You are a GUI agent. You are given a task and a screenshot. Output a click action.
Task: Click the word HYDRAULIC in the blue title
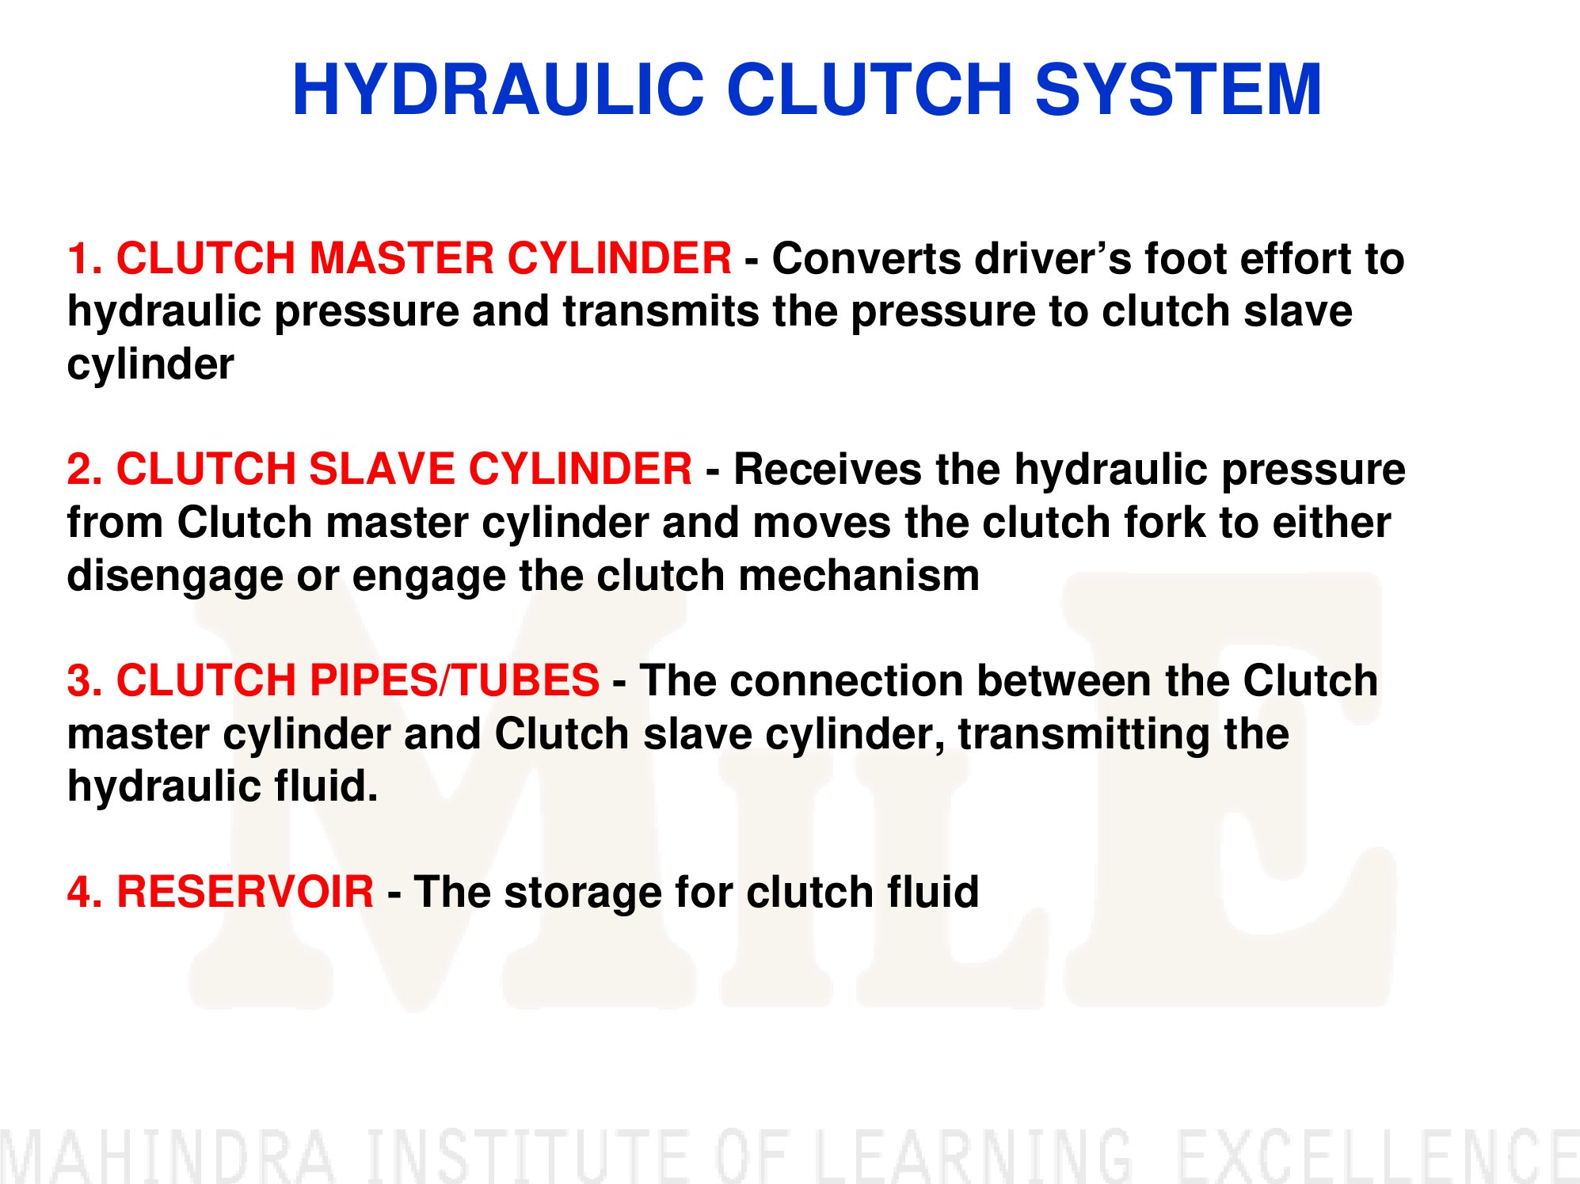tap(498, 89)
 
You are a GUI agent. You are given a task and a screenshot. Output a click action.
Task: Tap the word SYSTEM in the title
tap(1178, 89)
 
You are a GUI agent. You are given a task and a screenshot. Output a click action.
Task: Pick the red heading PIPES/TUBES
tap(454, 680)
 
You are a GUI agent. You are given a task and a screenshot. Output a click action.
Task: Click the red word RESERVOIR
tap(245, 892)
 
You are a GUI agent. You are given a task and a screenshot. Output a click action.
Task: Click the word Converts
tap(866, 259)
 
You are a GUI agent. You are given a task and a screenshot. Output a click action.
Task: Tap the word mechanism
tap(859, 575)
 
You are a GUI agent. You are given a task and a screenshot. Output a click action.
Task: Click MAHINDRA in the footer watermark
tap(168, 1156)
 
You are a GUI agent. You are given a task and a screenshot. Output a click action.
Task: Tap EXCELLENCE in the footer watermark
tap(1378, 1156)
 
